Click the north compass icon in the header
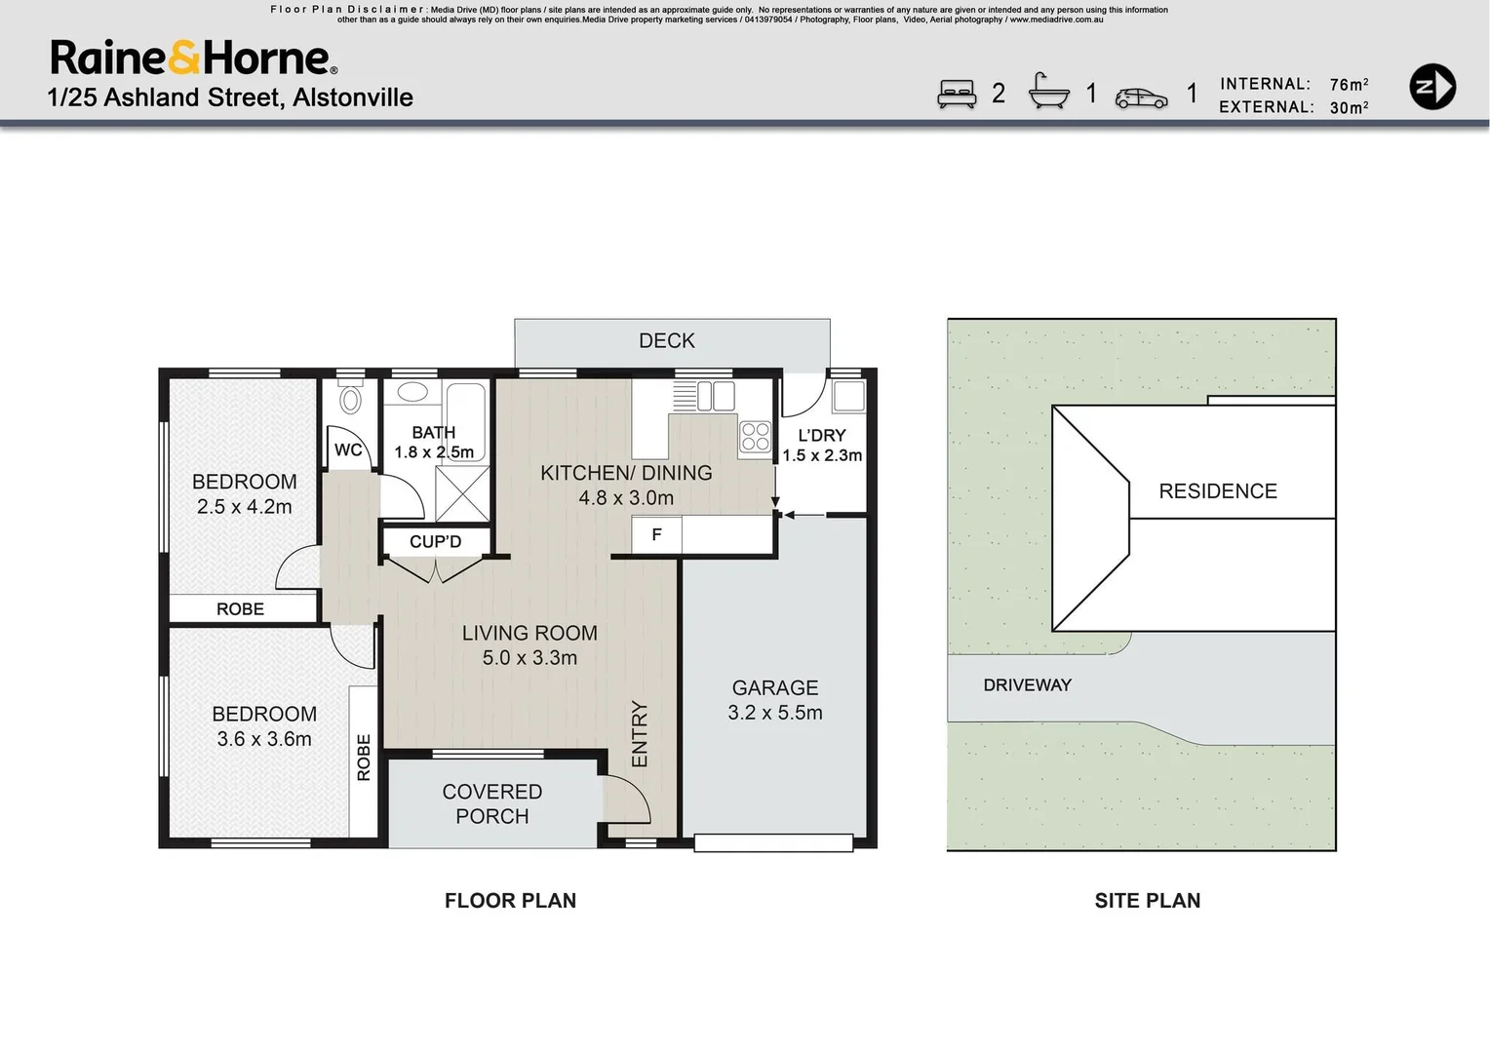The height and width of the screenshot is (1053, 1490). pyautogui.click(x=1432, y=87)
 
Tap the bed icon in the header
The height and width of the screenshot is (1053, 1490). pyautogui.click(x=957, y=94)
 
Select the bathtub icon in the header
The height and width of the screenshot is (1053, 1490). pyautogui.click(x=1049, y=92)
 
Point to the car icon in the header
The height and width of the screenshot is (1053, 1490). pyautogui.click(x=1141, y=97)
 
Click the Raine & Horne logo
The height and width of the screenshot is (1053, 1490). pyautogui.click(x=194, y=58)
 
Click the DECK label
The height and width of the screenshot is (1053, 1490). pyautogui.click(x=667, y=341)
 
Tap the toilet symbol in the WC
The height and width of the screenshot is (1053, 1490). pyautogui.click(x=350, y=398)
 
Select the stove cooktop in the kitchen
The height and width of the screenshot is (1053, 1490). pyautogui.click(x=755, y=436)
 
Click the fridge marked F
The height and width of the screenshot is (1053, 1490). pyautogui.click(x=656, y=534)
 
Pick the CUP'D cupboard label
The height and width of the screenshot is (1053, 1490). pyautogui.click(x=435, y=541)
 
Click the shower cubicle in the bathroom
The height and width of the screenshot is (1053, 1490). pyautogui.click(x=462, y=493)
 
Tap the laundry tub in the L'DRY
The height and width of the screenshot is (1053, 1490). pyautogui.click(x=847, y=396)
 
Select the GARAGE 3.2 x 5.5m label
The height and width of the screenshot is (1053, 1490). pyautogui.click(x=775, y=700)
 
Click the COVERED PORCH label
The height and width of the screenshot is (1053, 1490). pyautogui.click(x=492, y=804)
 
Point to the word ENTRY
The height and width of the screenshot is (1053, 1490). pyautogui.click(x=640, y=733)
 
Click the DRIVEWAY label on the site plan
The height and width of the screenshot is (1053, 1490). pyautogui.click(x=1027, y=685)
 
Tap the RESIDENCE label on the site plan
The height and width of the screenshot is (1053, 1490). pyautogui.click(x=1218, y=491)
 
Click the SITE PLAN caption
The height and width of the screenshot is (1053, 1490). pyautogui.click(x=1147, y=901)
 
